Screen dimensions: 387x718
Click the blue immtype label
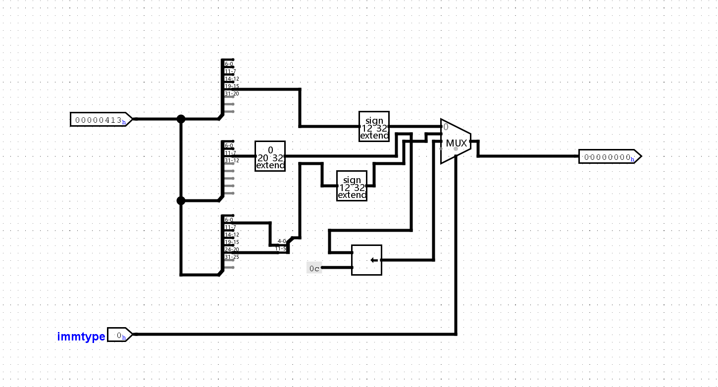coord(81,337)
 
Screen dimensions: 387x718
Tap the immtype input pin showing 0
coord(119,335)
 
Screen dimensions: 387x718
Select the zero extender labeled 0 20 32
coord(270,156)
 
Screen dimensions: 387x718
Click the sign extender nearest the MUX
coord(374,126)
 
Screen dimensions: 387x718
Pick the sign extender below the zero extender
coord(352,186)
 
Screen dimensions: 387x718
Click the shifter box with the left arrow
coord(366,260)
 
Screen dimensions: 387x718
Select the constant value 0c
coord(314,268)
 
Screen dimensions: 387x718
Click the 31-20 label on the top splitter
coord(232,94)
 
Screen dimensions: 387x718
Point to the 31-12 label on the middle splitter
coord(232,160)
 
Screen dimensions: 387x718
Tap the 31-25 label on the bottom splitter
coord(232,257)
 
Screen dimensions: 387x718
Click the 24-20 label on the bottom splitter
coord(232,249)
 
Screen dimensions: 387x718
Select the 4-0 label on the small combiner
coord(282,241)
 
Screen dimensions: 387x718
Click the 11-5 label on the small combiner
coord(281,248)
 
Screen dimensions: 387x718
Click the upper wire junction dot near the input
coord(181,119)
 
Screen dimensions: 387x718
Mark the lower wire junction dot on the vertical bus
coord(181,200)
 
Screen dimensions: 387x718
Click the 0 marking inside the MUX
coord(446,127)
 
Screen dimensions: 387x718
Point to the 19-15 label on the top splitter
coord(232,86)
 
